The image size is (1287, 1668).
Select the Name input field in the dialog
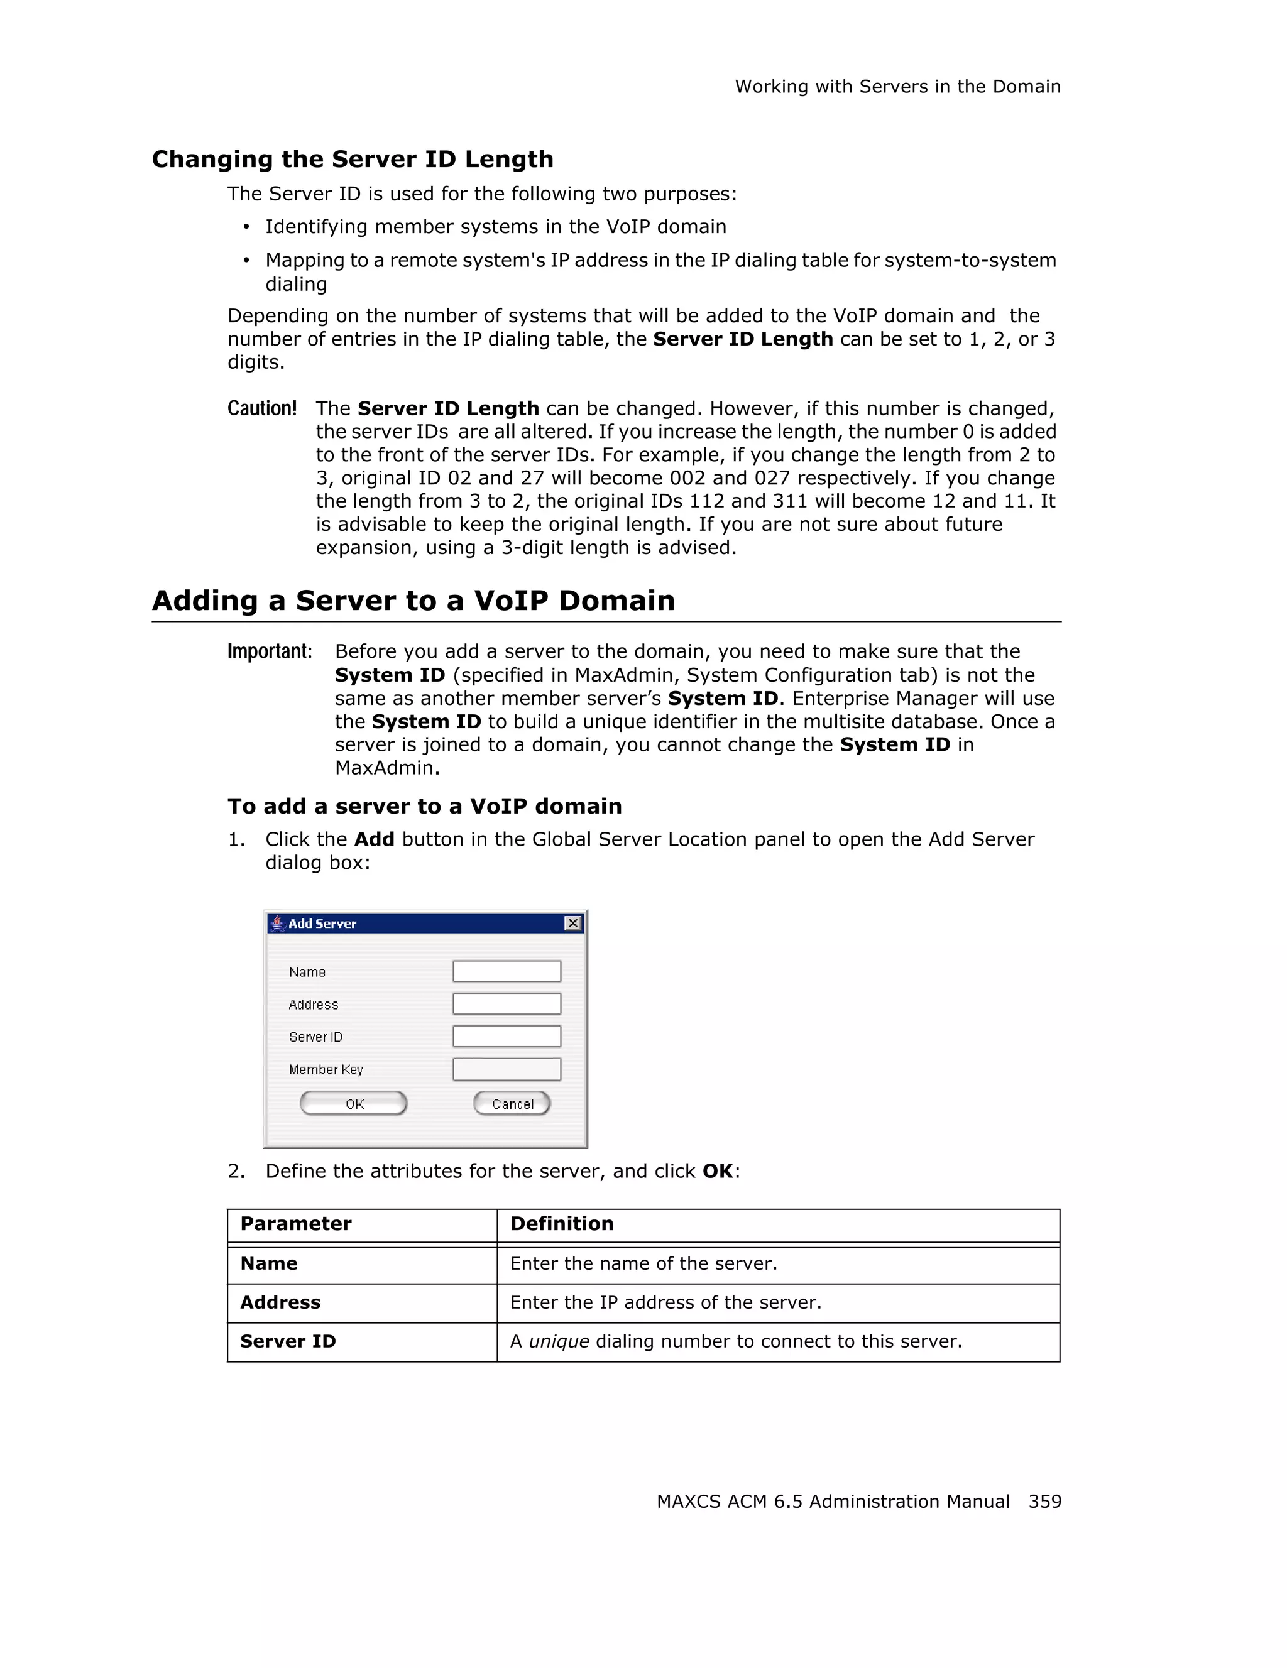coord(507,971)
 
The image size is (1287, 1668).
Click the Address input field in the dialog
coord(507,1003)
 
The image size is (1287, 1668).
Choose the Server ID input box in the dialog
coord(507,1037)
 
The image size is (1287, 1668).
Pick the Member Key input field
coord(507,1069)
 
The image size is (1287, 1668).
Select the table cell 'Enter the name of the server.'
coord(643,1264)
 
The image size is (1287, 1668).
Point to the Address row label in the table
coord(280,1303)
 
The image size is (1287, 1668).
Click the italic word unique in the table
coord(558,1342)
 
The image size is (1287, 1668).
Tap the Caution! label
coord(262,408)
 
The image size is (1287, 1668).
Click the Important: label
coord(270,651)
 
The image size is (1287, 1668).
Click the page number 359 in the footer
coord(1044,1502)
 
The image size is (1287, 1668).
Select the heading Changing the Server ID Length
coord(352,159)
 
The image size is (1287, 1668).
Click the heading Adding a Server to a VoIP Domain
coord(413,601)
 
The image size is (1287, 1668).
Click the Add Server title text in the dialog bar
coord(322,924)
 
